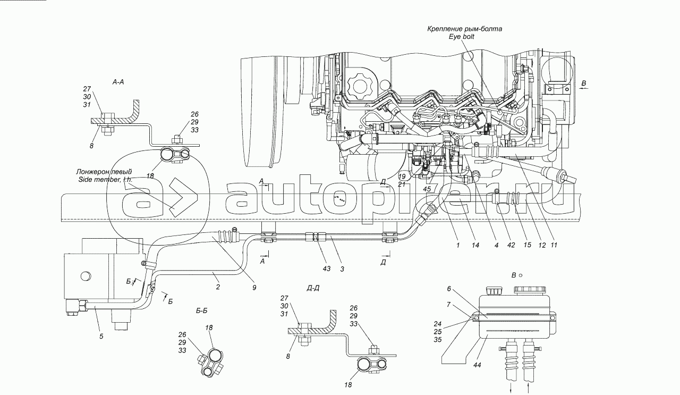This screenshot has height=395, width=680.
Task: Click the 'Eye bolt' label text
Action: (x=461, y=37)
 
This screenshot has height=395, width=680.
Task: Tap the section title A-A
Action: (x=118, y=82)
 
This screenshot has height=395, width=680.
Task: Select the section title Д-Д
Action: (x=313, y=288)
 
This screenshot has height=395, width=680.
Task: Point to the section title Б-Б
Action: (x=202, y=311)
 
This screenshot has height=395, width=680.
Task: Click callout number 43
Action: (x=327, y=269)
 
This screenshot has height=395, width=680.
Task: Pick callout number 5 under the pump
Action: (x=101, y=336)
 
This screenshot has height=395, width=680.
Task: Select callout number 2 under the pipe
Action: (x=217, y=288)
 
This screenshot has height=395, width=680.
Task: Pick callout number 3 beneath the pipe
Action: (x=342, y=269)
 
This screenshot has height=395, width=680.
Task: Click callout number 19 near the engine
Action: (x=402, y=176)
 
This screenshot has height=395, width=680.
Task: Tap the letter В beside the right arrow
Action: (x=584, y=83)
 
